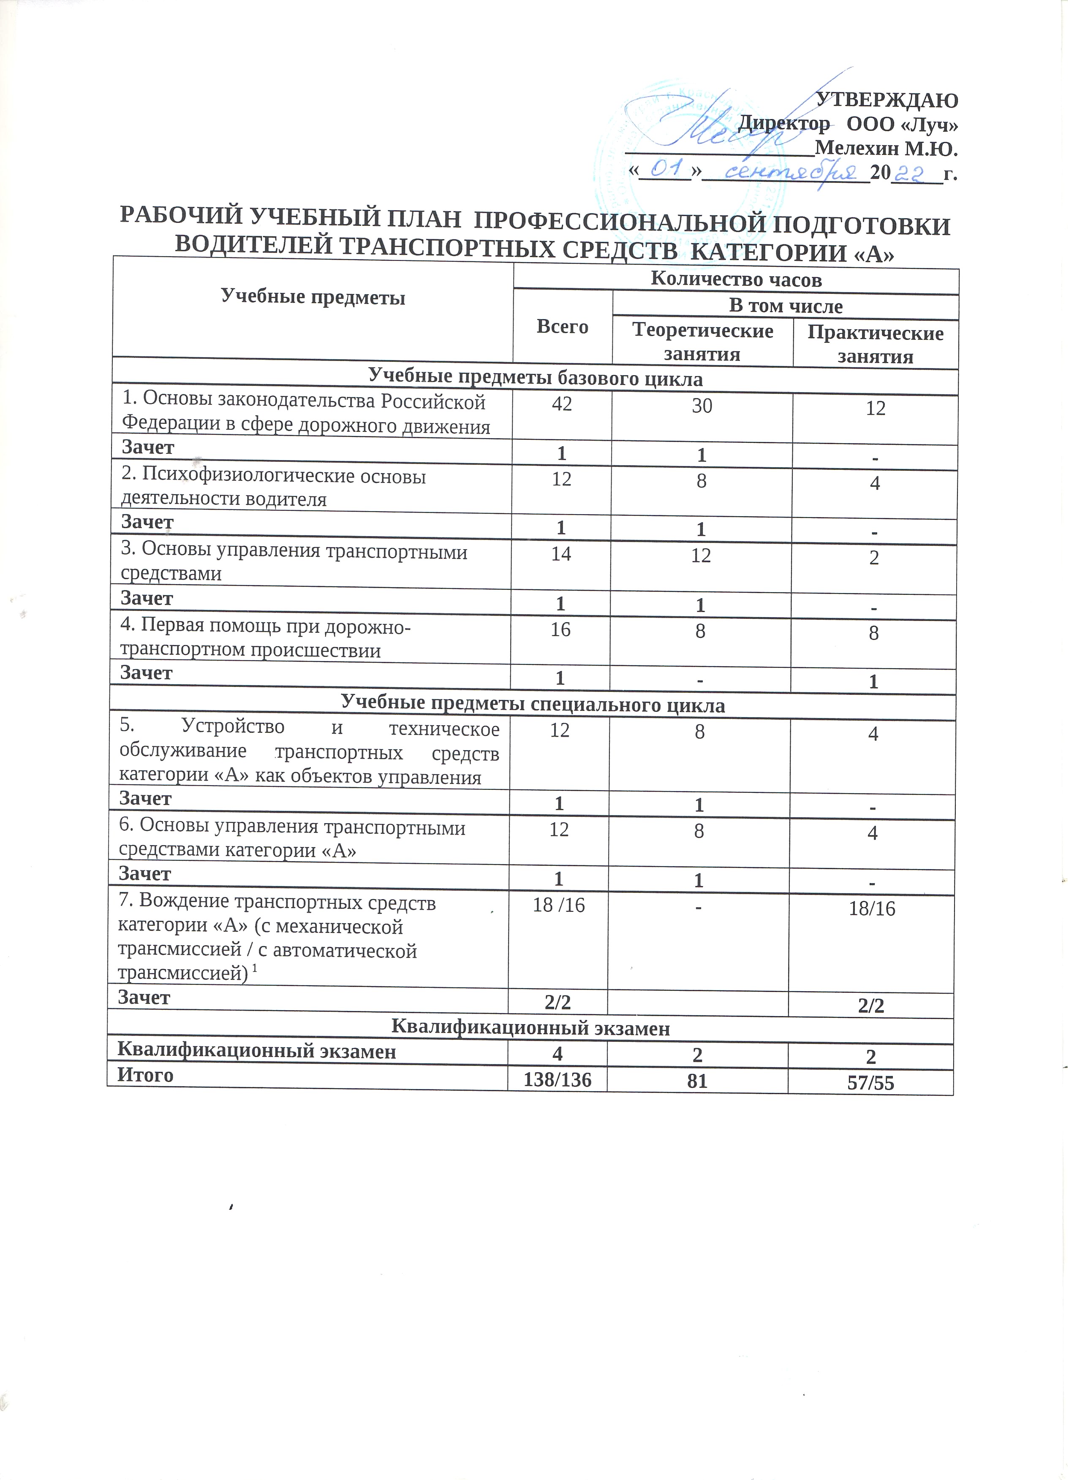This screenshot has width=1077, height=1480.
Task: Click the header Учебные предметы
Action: click(x=313, y=298)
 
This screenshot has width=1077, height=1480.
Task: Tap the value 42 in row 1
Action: click(x=562, y=404)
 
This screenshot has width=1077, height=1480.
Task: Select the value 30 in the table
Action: click(x=702, y=406)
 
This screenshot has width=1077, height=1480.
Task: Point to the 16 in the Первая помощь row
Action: click(x=561, y=629)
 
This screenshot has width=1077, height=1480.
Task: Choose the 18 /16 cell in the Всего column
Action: click(x=559, y=906)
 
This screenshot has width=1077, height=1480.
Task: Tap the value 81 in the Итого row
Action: click(x=697, y=1081)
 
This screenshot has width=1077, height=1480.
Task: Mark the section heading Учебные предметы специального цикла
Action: click(x=533, y=705)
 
